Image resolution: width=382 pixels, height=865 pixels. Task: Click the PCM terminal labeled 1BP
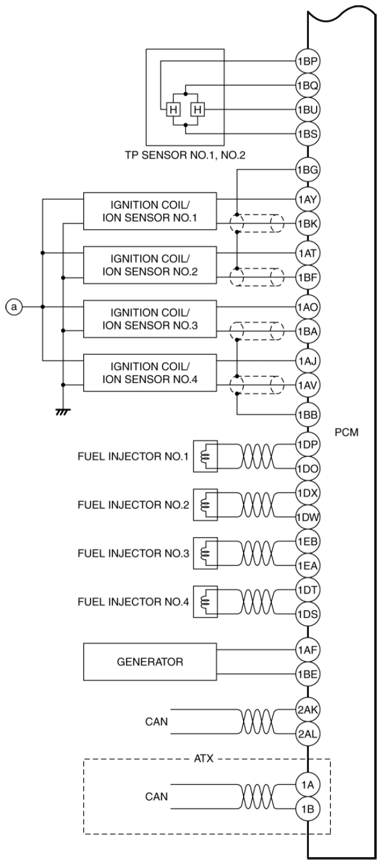pyautogui.click(x=308, y=61)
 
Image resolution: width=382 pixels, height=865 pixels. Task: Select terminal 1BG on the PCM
pyautogui.click(x=308, y=169)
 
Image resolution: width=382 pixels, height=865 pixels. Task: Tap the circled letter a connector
pyautogui.click(x=14, y=307)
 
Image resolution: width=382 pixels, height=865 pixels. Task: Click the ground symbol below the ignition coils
pyautogui.click(x=62, y=412)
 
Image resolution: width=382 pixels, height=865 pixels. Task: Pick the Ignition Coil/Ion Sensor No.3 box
pyautogui.click(x=150, y=319)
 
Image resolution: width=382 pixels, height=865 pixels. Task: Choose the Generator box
pyautogui.click(x=150, y=662)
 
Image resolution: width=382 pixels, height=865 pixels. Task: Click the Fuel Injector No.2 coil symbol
pyautogui.click(x=205, y=505)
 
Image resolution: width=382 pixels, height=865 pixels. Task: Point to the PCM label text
pyautogui.click(x=346, y=432)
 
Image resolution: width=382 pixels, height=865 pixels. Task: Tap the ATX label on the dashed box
pyautogui.click(x=204, y=759)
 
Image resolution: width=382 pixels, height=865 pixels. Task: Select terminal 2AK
pyautogui.click(x=308, y=710)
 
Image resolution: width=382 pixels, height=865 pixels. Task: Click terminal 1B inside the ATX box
pyautogui.click(x=308, y=809)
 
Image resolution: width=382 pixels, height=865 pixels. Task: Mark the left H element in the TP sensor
pyautogui.click(x=173, y=110)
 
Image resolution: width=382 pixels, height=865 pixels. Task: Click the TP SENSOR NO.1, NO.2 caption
pyautogui.click(x=185, y=155)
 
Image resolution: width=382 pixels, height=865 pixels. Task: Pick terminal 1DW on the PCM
pyautogui.click(x=308, y=517)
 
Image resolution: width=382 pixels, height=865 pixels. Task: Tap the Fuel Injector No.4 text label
pyautogui.click(x=133, y=602)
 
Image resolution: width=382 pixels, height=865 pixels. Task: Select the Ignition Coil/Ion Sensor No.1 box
pyautogui.click(x=150, y=211)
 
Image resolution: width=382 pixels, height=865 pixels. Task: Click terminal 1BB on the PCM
pyautogui.click(x=308, y=415)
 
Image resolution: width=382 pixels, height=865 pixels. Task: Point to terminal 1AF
pyautogui.click(x=308, y=650)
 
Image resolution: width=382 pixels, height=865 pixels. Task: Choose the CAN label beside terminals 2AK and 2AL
pyautogui.click(x=156, y=722)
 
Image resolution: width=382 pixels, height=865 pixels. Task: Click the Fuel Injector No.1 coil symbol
pyautogui.click(x=205, y=456)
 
